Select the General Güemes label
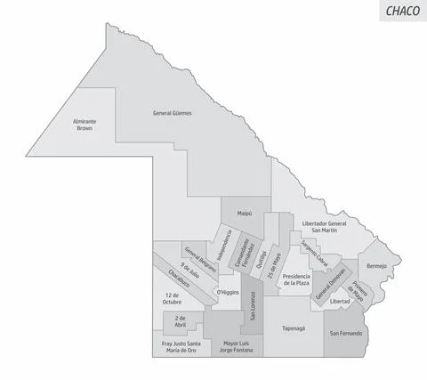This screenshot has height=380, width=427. (x=173, y=114)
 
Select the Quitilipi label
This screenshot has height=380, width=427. (x=262, y=255)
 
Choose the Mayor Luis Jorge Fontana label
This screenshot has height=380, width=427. (x=238, y=347)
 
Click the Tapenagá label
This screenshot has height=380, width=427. (x=294, y=327)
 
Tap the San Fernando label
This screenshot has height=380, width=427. (x=345, y=333)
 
